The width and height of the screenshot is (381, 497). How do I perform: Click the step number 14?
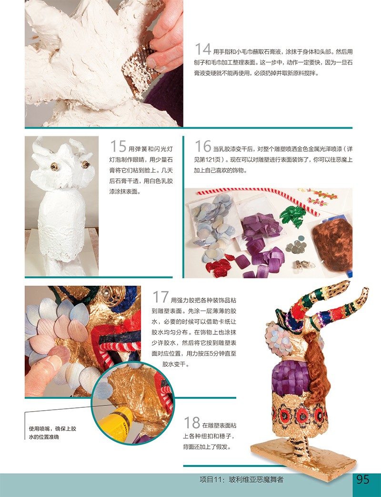[x=203, y=49]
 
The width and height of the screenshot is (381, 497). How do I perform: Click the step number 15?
[x=118, y=146]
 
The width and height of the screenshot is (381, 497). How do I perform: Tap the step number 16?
[x=203, y=146]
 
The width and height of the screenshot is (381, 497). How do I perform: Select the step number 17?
[x=160, y=297]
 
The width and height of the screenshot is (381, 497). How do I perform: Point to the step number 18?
[x=192, y=423]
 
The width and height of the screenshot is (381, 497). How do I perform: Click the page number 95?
[x=362, y=479]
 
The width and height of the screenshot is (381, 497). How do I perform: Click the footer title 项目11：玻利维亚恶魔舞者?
[x=241, y=479]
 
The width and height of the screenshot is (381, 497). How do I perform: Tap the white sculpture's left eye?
[x=54, y=166]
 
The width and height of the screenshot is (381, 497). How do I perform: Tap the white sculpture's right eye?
[x=85, y=164]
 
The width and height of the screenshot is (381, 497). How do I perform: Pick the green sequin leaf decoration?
[x=293, y=215]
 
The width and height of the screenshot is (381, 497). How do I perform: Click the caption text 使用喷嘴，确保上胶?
[x=52, y=428]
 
